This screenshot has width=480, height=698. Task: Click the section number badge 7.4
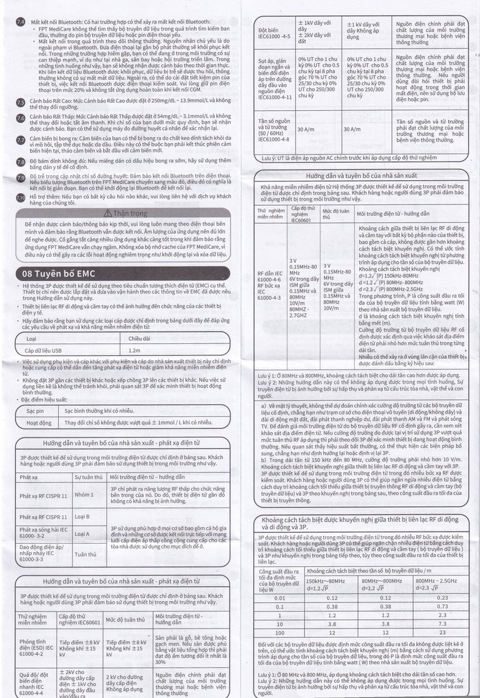coord(20,22)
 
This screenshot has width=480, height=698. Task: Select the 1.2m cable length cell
coord(127,351)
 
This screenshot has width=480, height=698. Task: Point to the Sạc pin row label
coord(35,411)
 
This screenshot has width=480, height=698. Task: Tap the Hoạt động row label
coord(38,423)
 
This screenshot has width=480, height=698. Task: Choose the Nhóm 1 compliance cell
coord(82,494)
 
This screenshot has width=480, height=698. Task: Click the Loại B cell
coord(82,517)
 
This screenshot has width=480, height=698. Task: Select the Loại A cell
coord(82,534)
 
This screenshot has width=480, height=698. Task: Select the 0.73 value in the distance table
coord(442,606)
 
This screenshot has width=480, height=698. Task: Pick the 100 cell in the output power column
coord(279,633)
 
